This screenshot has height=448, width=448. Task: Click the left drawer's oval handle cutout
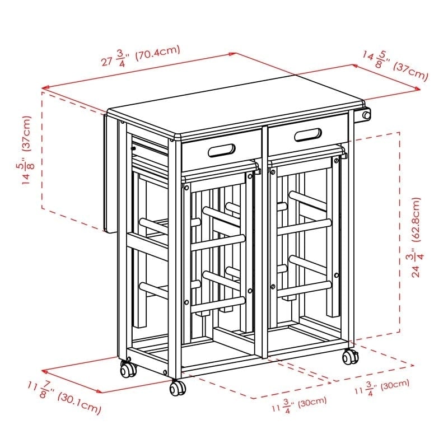click(221, 150)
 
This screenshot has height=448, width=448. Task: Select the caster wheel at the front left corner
click(128, 368)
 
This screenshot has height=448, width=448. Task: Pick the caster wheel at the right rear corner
click(350, 356)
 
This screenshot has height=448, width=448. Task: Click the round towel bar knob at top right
click(367, 115)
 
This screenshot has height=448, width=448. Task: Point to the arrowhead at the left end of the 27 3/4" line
click(44, 87)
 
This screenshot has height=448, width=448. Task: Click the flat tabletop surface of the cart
click(235, 112)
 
